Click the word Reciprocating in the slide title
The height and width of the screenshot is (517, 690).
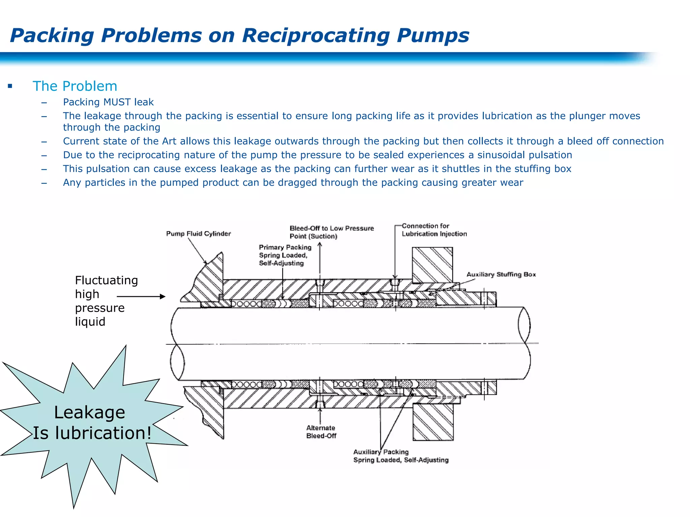click(316, 35)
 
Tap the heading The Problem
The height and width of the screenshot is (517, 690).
click(75, 86)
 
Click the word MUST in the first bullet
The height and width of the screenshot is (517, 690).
click(117, 102)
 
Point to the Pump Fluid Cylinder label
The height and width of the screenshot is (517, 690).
click(198, 234)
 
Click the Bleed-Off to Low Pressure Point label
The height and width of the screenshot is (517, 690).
click(332, 232)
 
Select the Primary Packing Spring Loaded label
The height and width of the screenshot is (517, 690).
click(285, 255)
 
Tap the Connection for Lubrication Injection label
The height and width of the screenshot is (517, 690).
click(434, 230)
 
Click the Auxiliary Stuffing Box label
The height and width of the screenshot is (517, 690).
click(501, 274)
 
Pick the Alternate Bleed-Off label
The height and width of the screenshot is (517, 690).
click(321, 432)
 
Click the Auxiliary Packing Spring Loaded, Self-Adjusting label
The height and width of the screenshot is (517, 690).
click(401, 456)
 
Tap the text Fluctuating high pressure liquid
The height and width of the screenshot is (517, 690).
click(106, 301)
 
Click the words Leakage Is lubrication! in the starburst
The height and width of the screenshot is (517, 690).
click(91, 423)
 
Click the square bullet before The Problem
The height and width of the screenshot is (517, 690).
click(10, 86)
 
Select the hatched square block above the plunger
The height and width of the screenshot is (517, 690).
click(432, 265)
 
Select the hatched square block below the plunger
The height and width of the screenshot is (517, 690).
click(433, 422)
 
